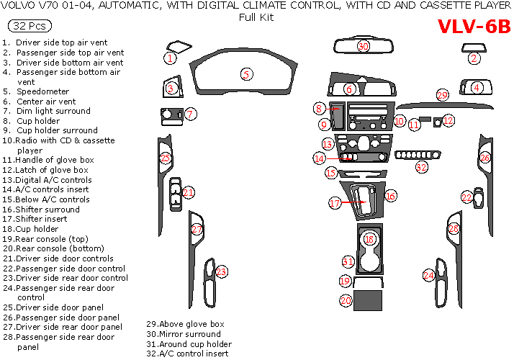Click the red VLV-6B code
point(474,27)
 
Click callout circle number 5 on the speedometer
point(246,74)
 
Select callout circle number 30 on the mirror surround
point(364,46)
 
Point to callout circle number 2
point(474,59)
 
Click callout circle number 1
point(170,58)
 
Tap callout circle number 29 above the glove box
point(442,95)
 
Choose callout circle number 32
point(421,167)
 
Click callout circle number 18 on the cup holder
point(369,238)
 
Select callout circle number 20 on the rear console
point(346,300)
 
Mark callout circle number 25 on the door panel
point(166,158)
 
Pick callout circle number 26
point(484,158)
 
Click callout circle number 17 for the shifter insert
point(335,204)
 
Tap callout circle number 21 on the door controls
point(188,192)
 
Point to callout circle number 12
point(448,120)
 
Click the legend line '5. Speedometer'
point(42,91)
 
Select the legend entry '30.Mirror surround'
point(184,334)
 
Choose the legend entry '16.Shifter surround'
point(45,210)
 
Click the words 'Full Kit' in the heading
point(256,17)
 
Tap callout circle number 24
point(428,275)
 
